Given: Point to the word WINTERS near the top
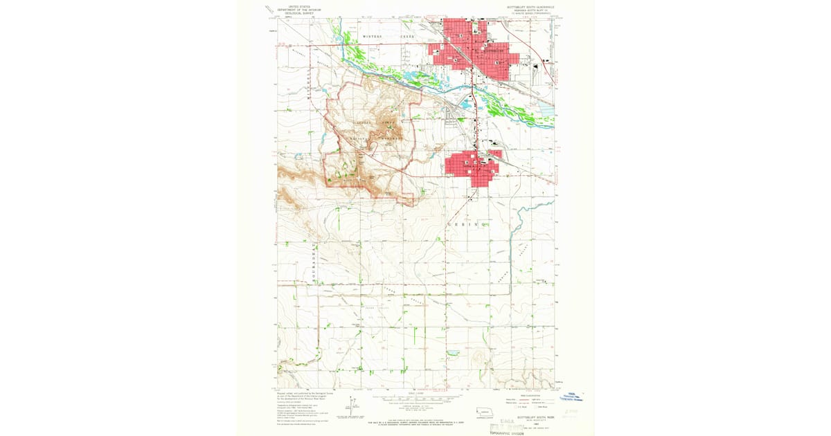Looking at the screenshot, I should pos(371,35).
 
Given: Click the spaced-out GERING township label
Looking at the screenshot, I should pos(470,226).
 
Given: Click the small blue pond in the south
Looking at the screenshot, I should pos(453,353).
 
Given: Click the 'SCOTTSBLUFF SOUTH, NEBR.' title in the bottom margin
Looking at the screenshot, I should pos(530,417).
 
